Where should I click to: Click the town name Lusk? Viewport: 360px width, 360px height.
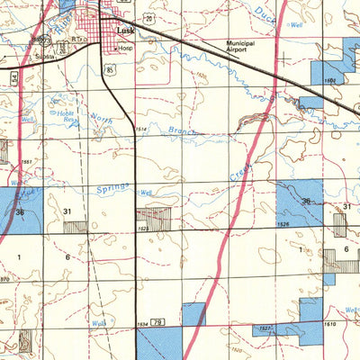tap(126, 29)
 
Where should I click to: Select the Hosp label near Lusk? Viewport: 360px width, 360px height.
tap(126, 47)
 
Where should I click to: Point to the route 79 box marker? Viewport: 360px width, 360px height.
tap(157, 321)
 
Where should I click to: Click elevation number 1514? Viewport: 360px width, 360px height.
tap(140, 130)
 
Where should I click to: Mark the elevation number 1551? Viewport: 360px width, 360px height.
tap(28, 161)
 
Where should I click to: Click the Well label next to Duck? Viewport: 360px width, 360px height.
tap(296, 26)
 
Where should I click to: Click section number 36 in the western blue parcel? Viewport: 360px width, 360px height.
tap(20, 211)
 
